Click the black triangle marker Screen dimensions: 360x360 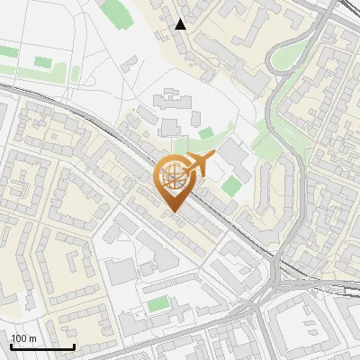tap(182, 24)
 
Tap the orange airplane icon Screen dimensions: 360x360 tap(195, 165)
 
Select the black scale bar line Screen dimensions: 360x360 tap(42, 346)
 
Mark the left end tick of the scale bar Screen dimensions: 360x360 tap(11, 346)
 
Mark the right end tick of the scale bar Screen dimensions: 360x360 tap(75, 346)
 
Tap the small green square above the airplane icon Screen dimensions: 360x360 tap(206, 134)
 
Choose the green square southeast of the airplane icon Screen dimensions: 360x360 tap(232, 186)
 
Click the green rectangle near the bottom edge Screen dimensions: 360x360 tap(158, 304)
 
